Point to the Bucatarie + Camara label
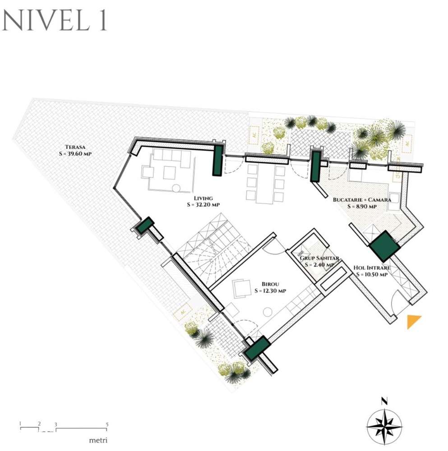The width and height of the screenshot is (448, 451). point(361,199)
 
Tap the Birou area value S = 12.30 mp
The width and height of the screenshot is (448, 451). point(270,291)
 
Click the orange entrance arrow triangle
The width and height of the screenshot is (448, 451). point(413,321)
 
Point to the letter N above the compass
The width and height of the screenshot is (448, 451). point(384,400)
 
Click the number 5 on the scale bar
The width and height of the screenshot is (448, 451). point(106,424)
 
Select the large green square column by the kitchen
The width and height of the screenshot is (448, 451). point(383,246)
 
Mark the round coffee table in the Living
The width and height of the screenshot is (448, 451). point(176,187)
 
